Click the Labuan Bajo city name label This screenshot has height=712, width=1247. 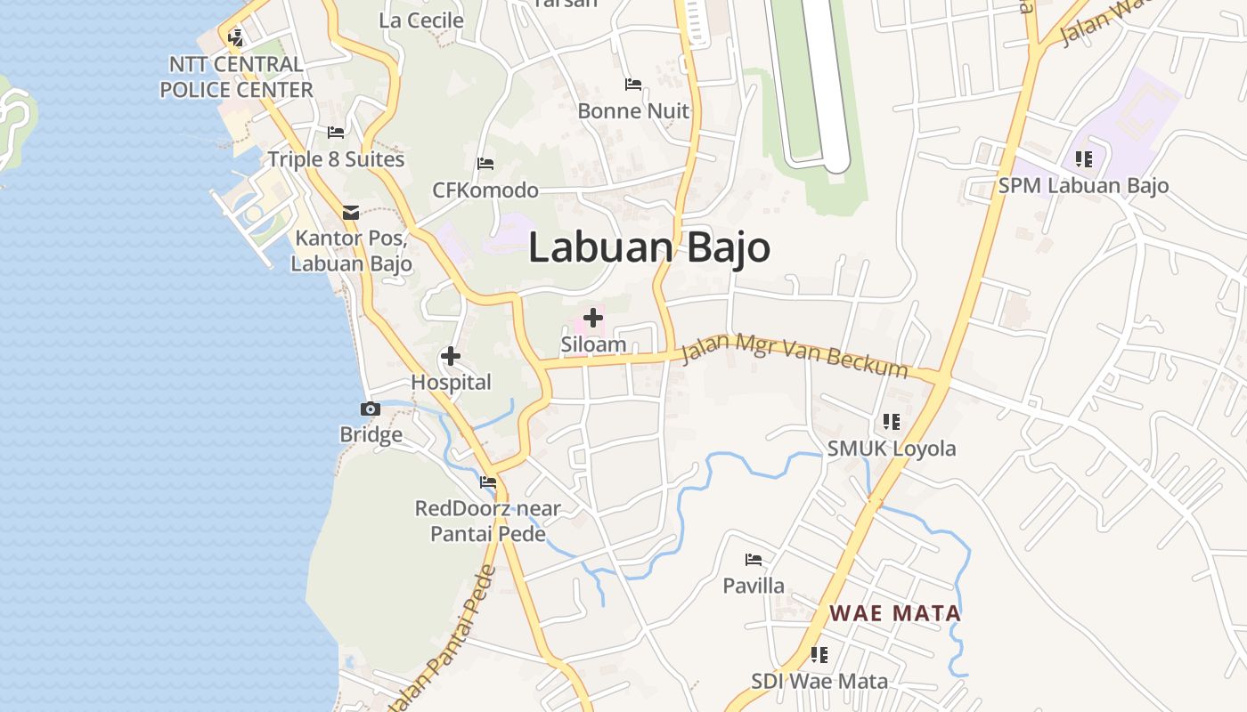tap(649, 247)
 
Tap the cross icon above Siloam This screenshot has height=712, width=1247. tap(592, 318)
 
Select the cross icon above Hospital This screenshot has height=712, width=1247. tap(451, 357)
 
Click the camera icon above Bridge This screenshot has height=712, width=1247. tap(371, 409)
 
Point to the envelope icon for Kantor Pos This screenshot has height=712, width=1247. tap(351, 213)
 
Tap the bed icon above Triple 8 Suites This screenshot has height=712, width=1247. tap(336, 133)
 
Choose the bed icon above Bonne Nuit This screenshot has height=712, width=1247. tap(633, 85)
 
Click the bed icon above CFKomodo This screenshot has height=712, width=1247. tap(485, 164)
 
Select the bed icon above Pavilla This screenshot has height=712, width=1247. tap(754, 560)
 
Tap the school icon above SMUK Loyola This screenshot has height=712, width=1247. tap(892, 422)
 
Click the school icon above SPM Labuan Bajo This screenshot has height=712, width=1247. tap(1083, 159)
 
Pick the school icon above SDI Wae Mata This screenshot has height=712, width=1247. tap(819, 655)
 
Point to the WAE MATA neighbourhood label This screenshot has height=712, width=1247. tap(895, 613)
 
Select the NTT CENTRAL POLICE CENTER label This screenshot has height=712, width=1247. tap(236, 77)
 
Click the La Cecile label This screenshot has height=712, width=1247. tap(421, 20)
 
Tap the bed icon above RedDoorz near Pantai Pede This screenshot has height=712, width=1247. tap(488, 482)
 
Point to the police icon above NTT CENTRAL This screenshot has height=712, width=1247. tap(236, 37)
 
